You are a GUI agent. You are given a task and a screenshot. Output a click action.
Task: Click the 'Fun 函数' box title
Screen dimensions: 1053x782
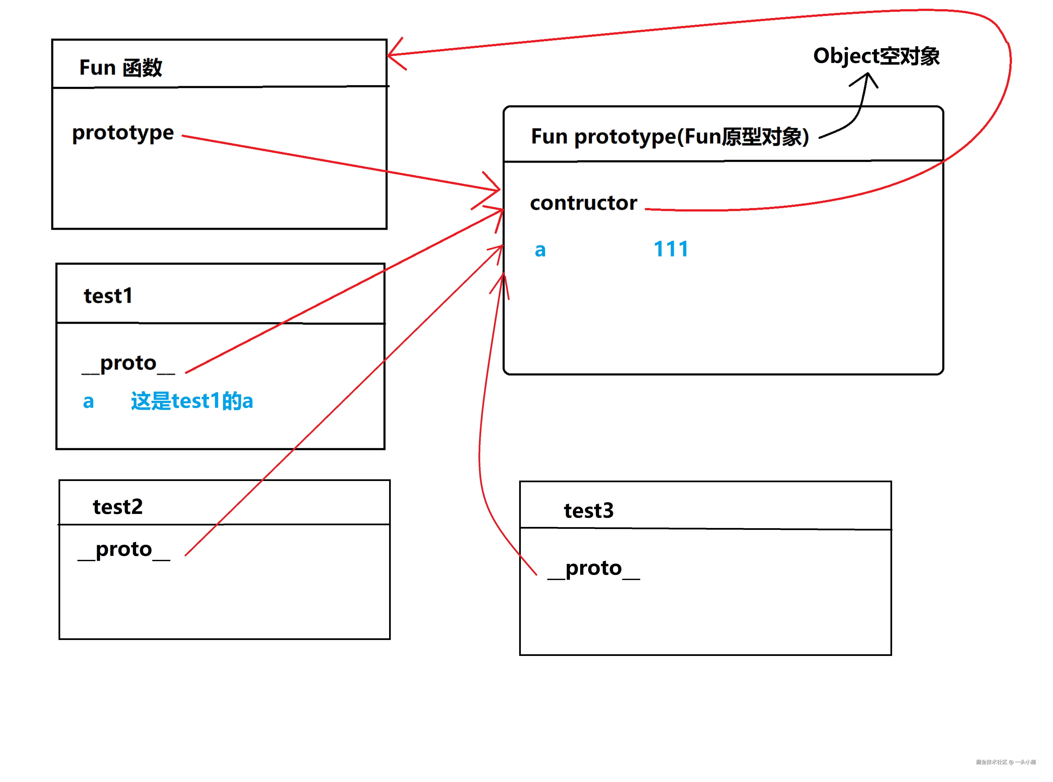121,68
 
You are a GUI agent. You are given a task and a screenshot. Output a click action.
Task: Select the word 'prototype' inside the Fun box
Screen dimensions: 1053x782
123,133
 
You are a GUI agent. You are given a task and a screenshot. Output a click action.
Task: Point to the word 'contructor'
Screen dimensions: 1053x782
584,203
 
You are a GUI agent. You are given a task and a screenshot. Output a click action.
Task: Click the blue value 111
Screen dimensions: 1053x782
671,249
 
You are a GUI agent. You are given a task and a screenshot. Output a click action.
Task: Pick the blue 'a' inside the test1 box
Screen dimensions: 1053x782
89,402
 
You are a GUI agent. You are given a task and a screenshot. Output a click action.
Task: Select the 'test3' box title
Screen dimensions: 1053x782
589,511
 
